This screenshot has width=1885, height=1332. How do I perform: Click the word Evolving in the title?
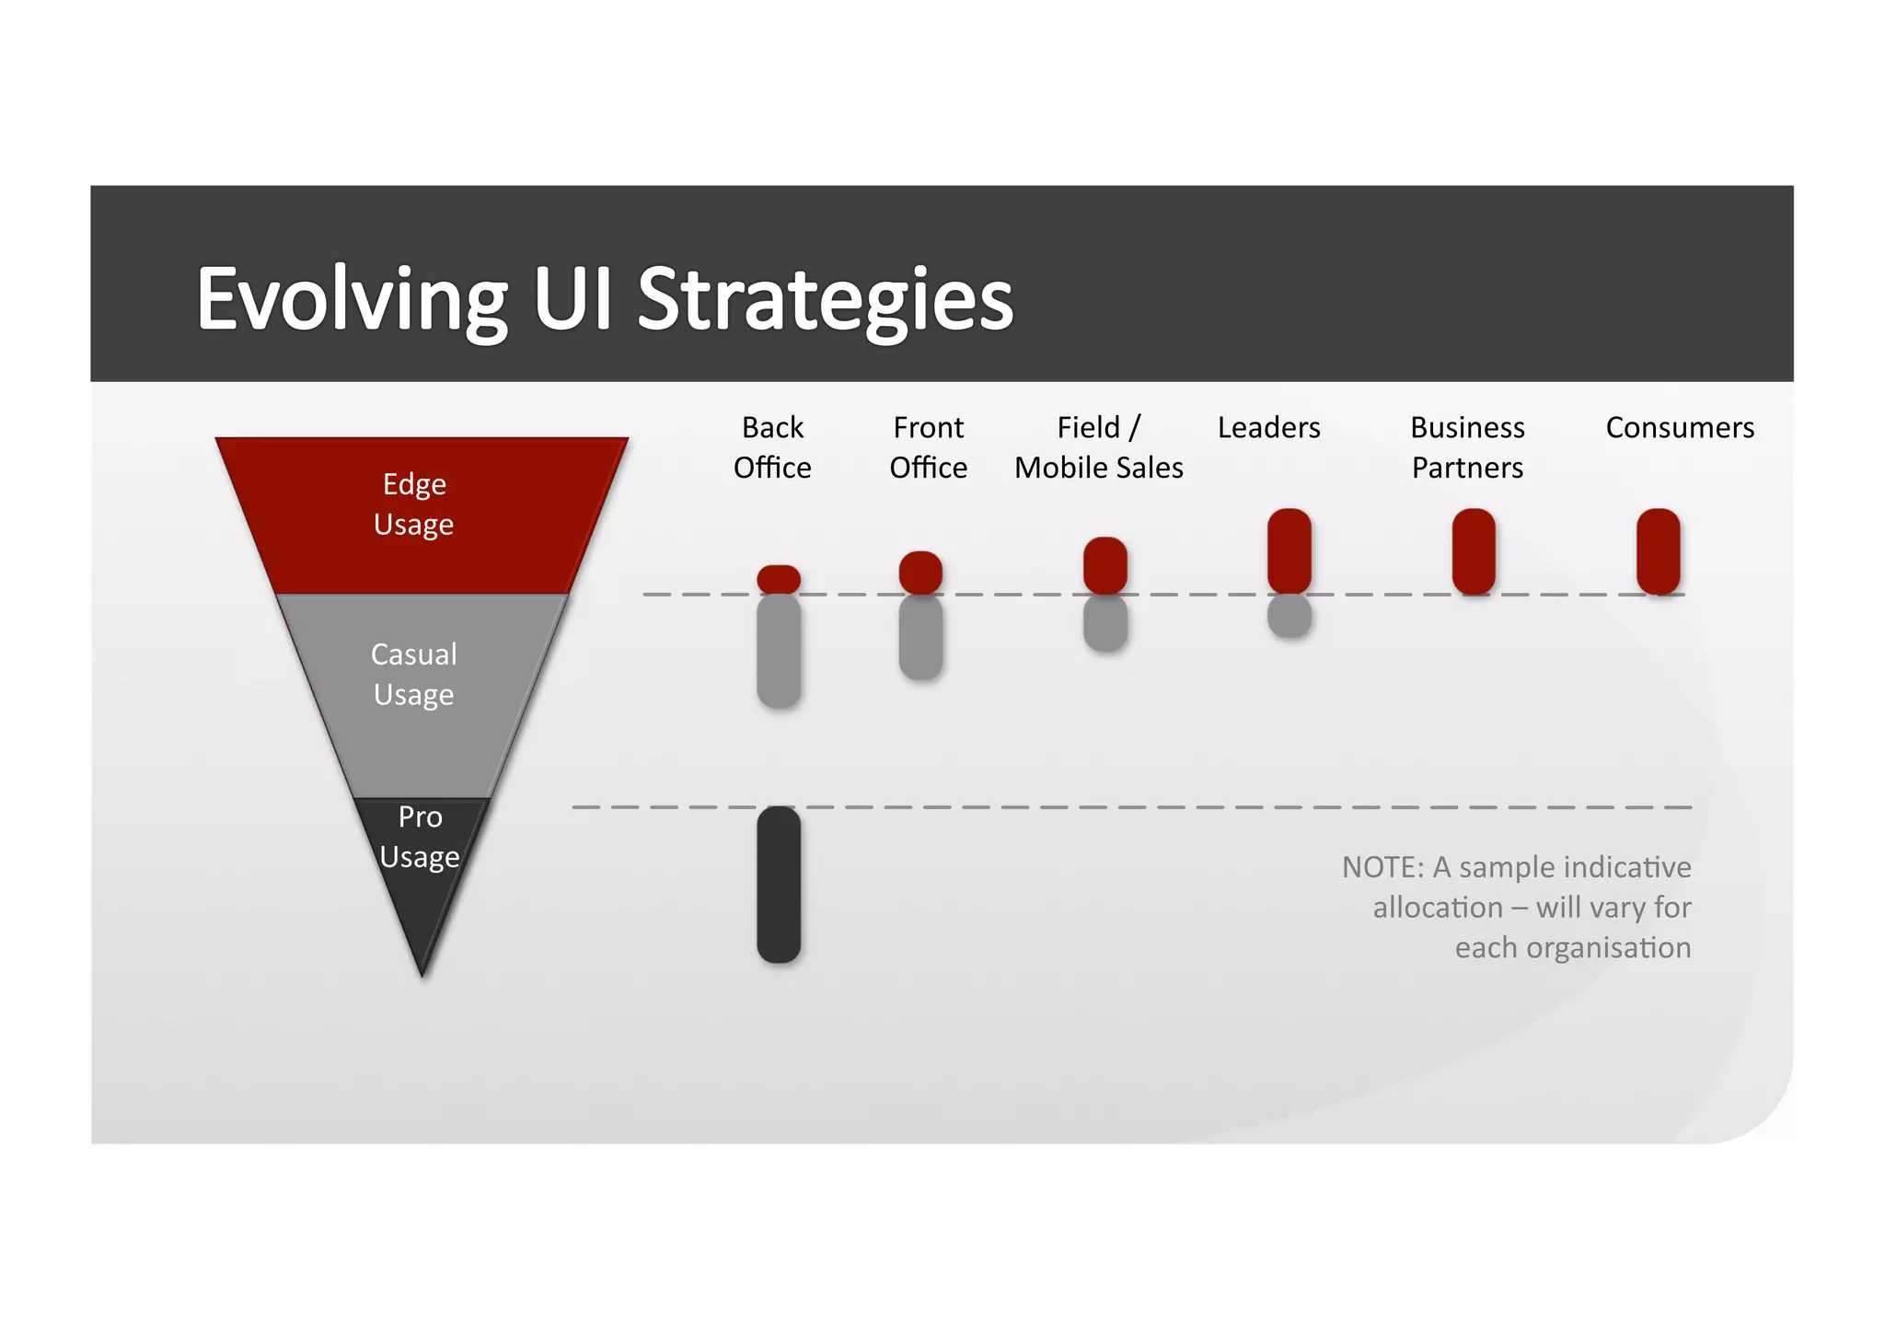coord(352,299)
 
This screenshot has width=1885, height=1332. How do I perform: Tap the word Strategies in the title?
coord(825,299)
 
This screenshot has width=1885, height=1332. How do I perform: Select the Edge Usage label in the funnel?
coord(414,504)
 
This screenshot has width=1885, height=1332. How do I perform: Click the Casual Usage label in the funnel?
coord(414,674)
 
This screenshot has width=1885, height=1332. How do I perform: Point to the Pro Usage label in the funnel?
coord(420,837)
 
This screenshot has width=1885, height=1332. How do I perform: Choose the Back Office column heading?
coord(772,447)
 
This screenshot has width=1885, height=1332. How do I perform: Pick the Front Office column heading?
coord(928,447)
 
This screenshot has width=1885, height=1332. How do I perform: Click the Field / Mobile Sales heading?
coord(1099,447)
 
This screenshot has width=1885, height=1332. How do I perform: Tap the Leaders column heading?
coord(1268,428)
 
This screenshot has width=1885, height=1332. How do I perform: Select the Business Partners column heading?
coord(1467,447)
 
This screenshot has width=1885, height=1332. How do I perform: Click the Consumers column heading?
coord(1680,428)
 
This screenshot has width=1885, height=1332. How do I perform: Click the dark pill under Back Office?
coord(779,885)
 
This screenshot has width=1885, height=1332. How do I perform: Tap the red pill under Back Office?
coord(779,579)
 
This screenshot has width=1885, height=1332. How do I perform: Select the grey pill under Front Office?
coord(920,638)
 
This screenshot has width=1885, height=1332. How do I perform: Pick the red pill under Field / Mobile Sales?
coord(1105,565)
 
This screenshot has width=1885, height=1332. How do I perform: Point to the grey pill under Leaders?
coord(1289,616)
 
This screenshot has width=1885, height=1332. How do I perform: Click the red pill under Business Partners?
coord(1474,551)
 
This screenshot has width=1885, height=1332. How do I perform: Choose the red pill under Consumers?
coord(1659,551)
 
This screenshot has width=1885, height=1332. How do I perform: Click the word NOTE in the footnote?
coord(1382,867)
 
